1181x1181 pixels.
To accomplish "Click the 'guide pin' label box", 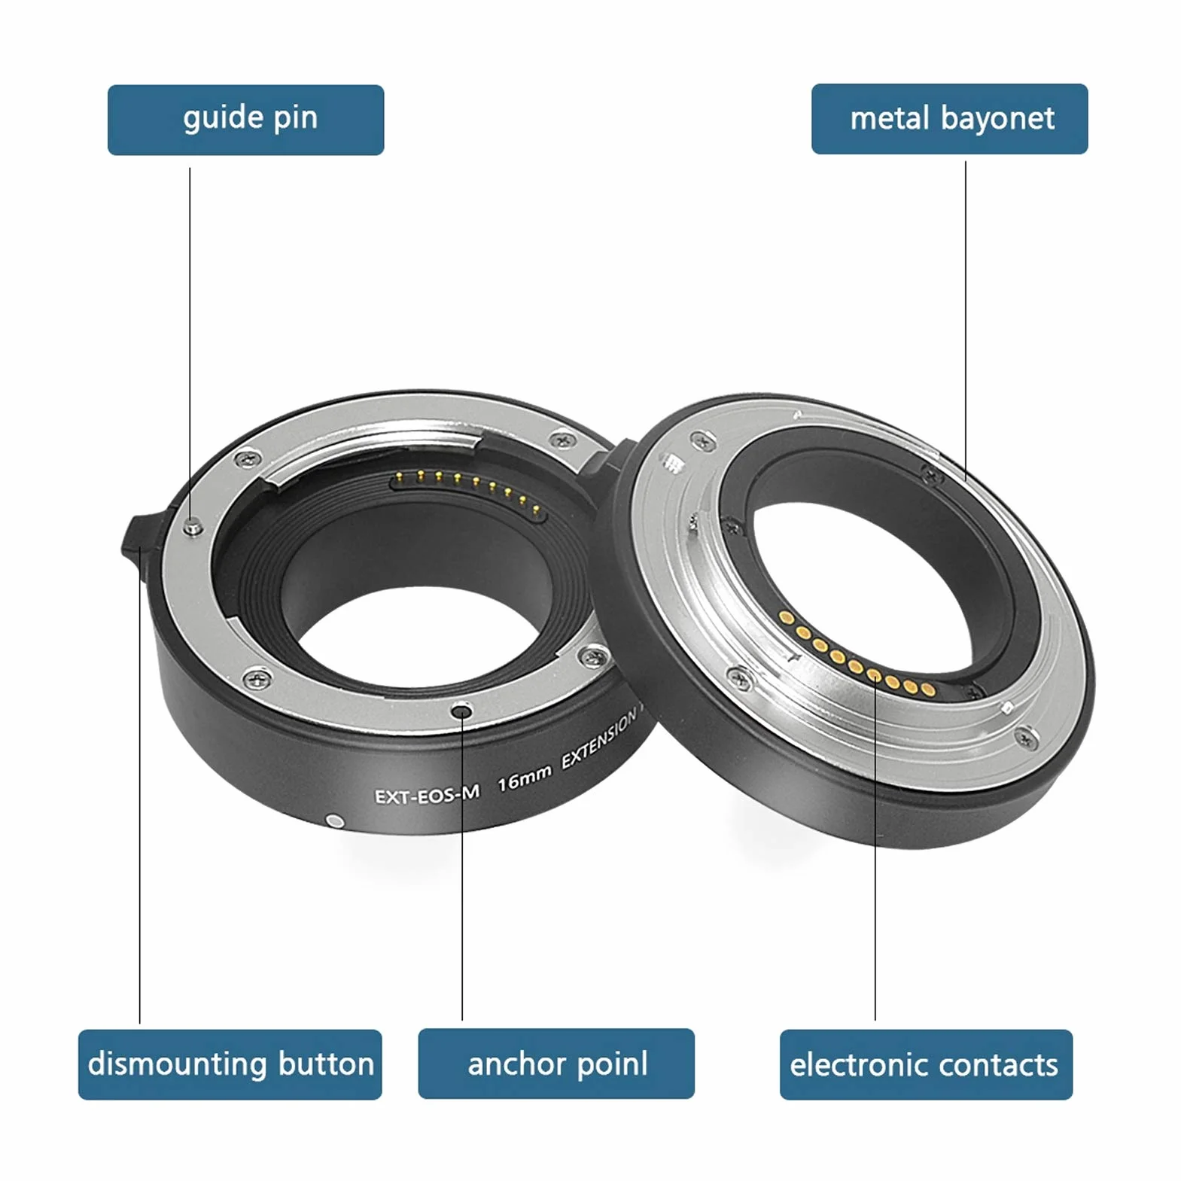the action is (245, 120).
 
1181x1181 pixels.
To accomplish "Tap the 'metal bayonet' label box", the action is (949, 119).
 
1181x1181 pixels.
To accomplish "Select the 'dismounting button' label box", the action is (230, 1064).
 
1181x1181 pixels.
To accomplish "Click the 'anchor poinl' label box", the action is (556, 1064).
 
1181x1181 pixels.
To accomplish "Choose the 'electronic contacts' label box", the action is (926, 1064).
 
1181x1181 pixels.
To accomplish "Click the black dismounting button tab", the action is (143, 538).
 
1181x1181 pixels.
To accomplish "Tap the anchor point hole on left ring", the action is (462, 711).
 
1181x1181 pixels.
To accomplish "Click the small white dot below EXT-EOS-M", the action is (335, 820).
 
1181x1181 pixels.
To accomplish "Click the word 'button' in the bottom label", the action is (326, 1064).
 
